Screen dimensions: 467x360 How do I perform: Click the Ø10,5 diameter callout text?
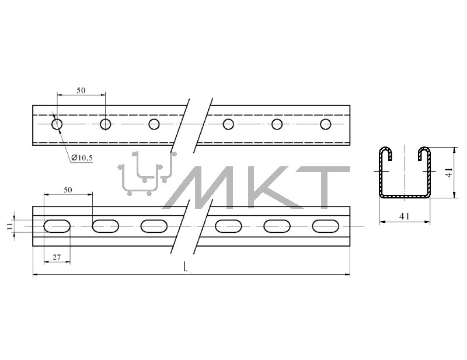tap(82, 158)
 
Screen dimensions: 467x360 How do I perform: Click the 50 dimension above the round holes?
tap(81, 90)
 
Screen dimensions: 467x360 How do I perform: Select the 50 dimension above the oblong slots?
tap(68, 190)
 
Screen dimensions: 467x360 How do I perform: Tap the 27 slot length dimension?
tap(57, 257)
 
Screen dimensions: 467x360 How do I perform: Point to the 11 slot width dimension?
tap(11, 226)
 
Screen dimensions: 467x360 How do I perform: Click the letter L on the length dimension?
tap(186, 267)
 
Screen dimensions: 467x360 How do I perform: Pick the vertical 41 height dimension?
tap(449, 172)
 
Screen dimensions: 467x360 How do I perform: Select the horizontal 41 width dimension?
tap(404, 216)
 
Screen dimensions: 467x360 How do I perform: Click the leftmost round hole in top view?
tap(57, 124)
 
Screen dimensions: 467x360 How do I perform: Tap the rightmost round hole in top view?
tap(326, 124)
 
